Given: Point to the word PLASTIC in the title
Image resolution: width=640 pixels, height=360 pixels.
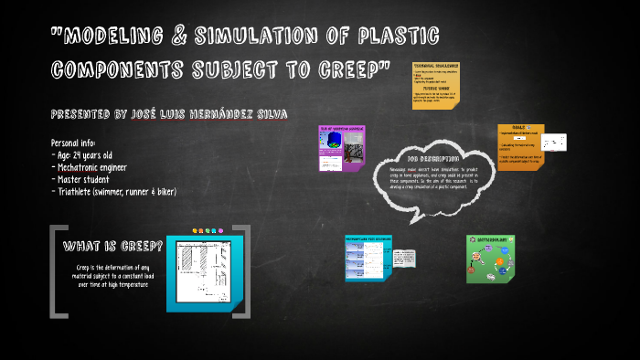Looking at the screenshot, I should coord(394,37).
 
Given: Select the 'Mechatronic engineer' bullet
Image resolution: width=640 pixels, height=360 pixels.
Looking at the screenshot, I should coord(101,167).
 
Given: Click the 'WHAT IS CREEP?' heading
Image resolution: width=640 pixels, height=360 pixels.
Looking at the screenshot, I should coord(113,247).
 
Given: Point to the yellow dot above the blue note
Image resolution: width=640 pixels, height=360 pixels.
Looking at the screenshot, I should coord(196,230).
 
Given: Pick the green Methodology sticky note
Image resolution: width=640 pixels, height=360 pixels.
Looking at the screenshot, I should coord(492,259).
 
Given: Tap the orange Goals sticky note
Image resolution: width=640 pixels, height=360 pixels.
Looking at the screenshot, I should coord(520,147).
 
